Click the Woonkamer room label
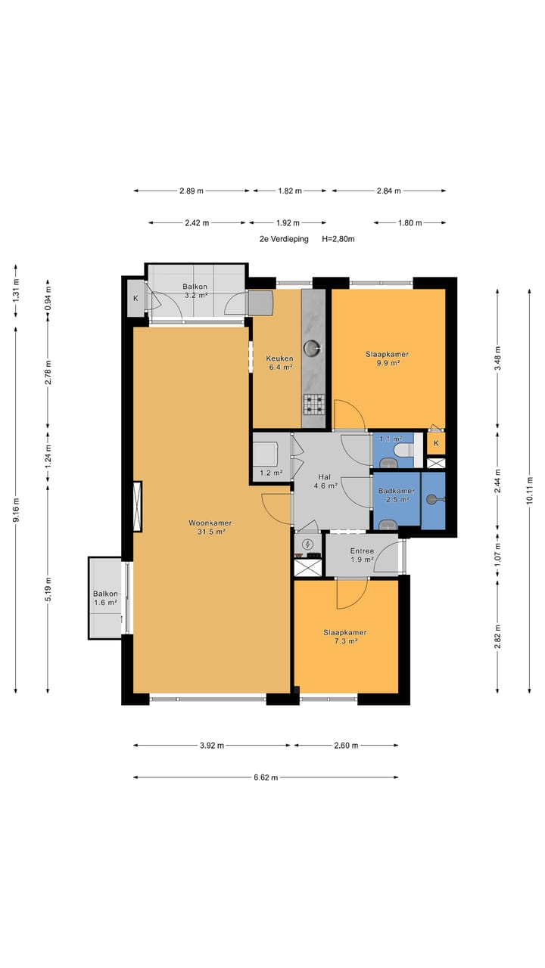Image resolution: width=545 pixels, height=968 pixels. (210, 523)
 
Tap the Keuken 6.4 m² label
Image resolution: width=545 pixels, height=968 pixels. (279, 363)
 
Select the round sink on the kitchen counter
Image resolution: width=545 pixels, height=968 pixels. (312, 347)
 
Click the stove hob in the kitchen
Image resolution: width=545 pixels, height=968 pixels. (313, 405)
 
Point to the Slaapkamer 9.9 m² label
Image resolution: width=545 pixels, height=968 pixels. (387, 358)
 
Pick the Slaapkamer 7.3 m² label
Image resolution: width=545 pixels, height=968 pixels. (345, 637)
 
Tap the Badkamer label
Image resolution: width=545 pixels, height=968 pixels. (396, 491)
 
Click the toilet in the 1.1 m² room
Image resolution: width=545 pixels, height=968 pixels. (404, 450)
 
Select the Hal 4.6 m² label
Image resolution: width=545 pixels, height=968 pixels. (325, 481)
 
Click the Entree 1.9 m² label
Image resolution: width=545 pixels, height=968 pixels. (362, 555)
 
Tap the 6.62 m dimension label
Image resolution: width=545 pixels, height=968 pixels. (266, 777)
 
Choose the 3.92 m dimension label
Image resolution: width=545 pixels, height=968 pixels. (212, 746)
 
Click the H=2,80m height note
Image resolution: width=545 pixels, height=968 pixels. (338, 239)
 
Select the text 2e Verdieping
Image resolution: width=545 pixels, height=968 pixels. (284, 239)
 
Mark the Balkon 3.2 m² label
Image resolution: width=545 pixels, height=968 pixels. (195, 291)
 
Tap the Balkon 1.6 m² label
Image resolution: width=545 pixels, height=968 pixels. (105, 598)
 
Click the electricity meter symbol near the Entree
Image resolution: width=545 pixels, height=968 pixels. (307, 543)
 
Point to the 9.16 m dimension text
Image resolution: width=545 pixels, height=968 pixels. (16, 510)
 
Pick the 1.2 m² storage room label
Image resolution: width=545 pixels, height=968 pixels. (271, 473)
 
